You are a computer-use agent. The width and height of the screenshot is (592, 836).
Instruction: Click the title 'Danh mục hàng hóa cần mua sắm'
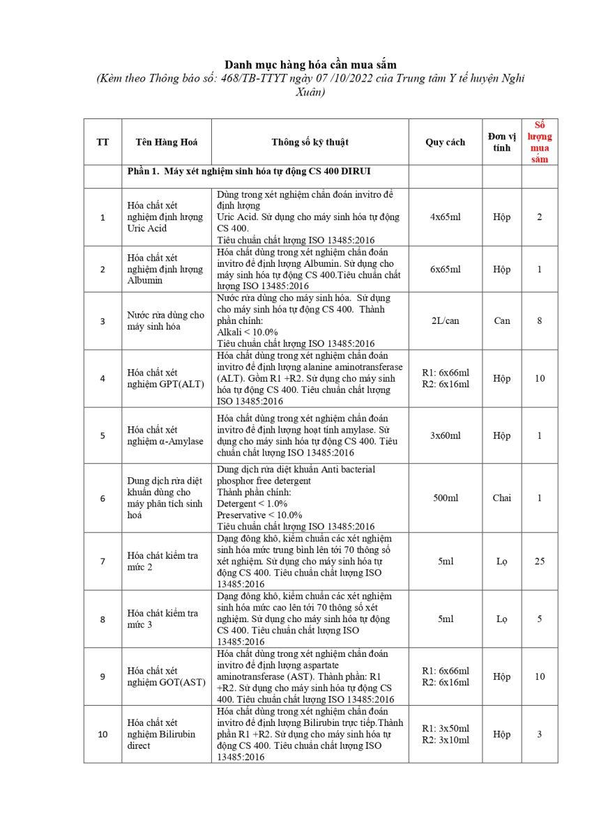[x=310, y=65]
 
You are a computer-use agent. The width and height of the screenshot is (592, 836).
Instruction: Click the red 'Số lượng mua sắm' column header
[x=539, y=141]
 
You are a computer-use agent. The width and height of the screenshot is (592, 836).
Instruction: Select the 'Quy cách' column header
[x=445, y=142]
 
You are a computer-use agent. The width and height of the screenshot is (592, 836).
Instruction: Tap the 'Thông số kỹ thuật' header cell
[x=310, y=142]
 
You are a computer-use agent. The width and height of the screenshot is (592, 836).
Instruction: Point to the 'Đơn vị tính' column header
[x=501, y=141]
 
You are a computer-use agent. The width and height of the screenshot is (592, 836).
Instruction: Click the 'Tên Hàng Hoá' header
[x=167, y=142]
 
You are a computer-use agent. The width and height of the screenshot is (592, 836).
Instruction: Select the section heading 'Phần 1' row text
[x=252, y=171]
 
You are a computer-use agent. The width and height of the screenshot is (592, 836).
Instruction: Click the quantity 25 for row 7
[x=540, y=561]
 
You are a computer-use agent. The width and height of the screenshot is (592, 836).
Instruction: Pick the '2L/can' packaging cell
[x=445, y=320]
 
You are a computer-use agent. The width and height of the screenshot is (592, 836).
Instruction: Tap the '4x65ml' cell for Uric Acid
[x=445, y=217]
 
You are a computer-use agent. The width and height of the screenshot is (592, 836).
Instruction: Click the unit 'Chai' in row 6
[x=501, y=498]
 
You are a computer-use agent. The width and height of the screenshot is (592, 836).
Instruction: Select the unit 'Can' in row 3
[x=501, y=320]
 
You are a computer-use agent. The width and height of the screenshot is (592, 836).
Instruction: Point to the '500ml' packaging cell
[x=445, y=498]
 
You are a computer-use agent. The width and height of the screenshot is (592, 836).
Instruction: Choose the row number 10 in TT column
[x=103, y=734]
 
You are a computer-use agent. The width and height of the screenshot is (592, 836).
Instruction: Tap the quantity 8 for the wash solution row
[x=540, y=320]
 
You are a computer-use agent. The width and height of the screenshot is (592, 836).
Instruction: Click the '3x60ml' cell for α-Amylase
[x=445, y=435]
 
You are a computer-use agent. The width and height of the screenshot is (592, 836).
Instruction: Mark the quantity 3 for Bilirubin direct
[x=540, y=734]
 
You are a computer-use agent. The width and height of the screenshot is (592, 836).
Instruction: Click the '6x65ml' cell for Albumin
[x=445, y=269]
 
